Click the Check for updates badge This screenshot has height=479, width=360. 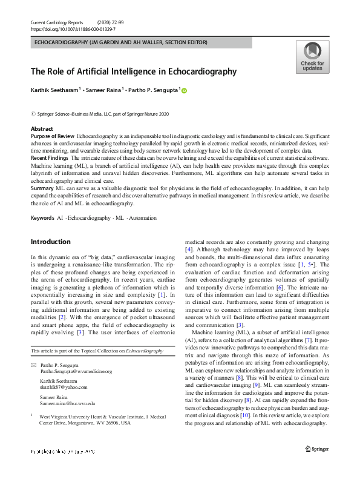pos(312,57)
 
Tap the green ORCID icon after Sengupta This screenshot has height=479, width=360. pos(185,91)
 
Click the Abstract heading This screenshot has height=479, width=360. pos(42,130)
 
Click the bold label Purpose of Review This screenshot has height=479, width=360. pos(53,137)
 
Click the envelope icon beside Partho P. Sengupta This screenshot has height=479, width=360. pos(33,365)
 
